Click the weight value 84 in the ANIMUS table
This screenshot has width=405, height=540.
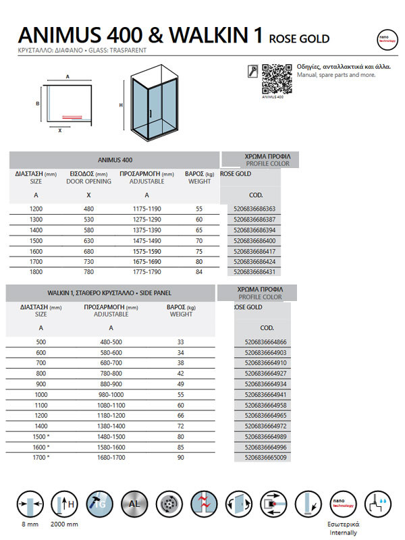199,271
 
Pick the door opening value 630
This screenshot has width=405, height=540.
88,240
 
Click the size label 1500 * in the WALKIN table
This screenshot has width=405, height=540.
42,437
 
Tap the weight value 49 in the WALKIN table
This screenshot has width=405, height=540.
180,383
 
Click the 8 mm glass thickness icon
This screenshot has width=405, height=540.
28,505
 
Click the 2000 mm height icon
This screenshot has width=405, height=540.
65,505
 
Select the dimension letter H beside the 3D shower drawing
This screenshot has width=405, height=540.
121,105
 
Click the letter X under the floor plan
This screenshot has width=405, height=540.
59,131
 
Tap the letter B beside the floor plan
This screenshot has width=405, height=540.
38,103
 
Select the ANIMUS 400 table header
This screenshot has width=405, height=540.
115,160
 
